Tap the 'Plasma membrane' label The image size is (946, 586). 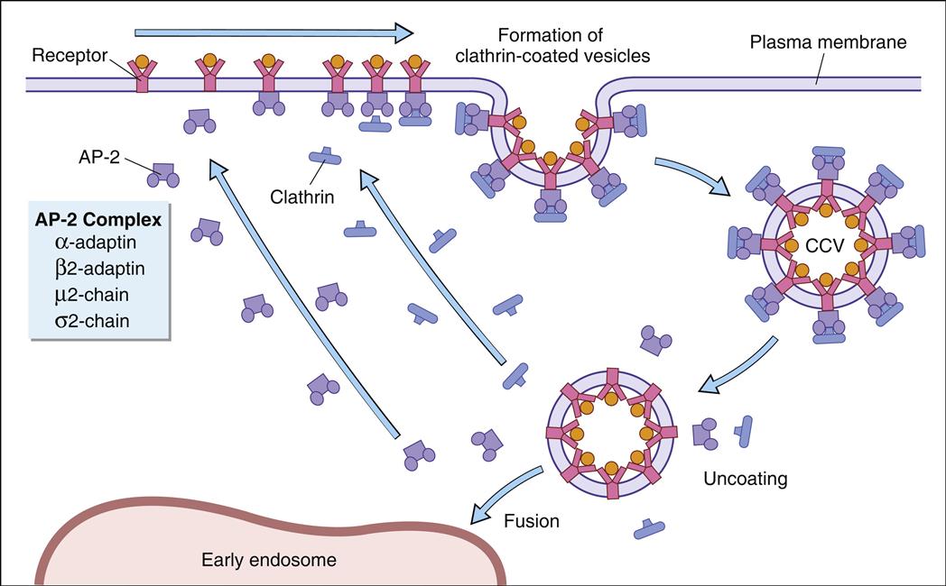tap(827, 41)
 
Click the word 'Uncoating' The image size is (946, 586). tap(745, 479)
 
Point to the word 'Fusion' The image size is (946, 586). tap(532, 521)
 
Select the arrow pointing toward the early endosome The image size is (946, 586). tap(505, 495)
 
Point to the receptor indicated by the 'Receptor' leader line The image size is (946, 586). tap(141, 74)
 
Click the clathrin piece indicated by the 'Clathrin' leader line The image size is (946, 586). tap(326, 157)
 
